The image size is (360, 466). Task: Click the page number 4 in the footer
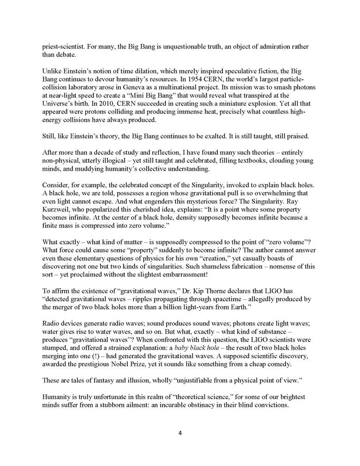180,433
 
